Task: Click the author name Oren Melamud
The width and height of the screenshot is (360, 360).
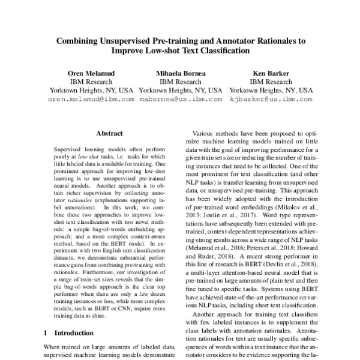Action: click(91, 73)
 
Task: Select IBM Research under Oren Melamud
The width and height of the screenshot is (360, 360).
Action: click(91, 82)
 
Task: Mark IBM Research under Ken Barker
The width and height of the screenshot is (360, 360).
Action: click(271, 82)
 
